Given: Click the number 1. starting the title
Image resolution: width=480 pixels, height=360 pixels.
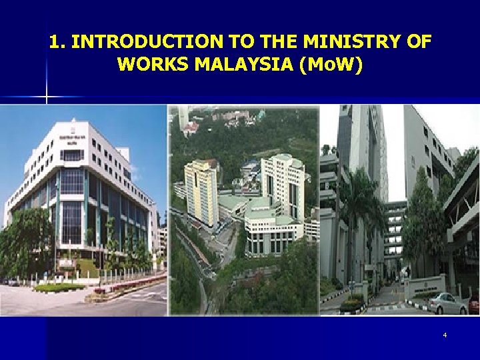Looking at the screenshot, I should (57, 42).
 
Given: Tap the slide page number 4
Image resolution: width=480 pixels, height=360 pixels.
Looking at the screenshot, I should (445, 335).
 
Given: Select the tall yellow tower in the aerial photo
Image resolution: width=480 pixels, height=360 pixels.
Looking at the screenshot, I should (201, 193).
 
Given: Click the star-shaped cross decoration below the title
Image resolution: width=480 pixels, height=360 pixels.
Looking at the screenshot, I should (46, 97).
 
